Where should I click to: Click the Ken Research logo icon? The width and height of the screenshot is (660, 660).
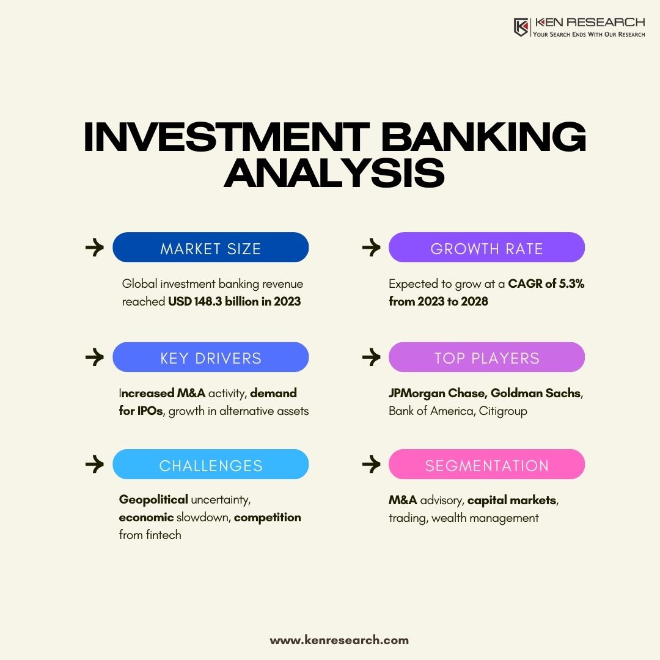point(521,28)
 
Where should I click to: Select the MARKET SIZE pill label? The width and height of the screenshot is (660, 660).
point(210,249)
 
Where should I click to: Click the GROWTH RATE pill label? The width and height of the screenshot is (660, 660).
point(486,249)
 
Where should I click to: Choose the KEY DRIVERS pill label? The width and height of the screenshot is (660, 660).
point(210,358)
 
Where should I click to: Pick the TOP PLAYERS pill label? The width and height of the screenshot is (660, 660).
point(486,358)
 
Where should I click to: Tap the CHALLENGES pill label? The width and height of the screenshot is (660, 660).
point(210,466)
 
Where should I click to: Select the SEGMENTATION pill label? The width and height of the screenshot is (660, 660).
point(486,466)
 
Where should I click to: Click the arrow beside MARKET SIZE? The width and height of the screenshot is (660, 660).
point(95,248)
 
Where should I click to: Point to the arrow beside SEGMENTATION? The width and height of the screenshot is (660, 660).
point(371,465)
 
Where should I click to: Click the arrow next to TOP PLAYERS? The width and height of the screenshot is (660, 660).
point(371,358)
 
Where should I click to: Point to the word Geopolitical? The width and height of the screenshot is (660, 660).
point(153,500)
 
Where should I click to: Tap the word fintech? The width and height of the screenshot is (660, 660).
point(164,535)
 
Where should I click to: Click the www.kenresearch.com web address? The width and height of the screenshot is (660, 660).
point(339,640)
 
